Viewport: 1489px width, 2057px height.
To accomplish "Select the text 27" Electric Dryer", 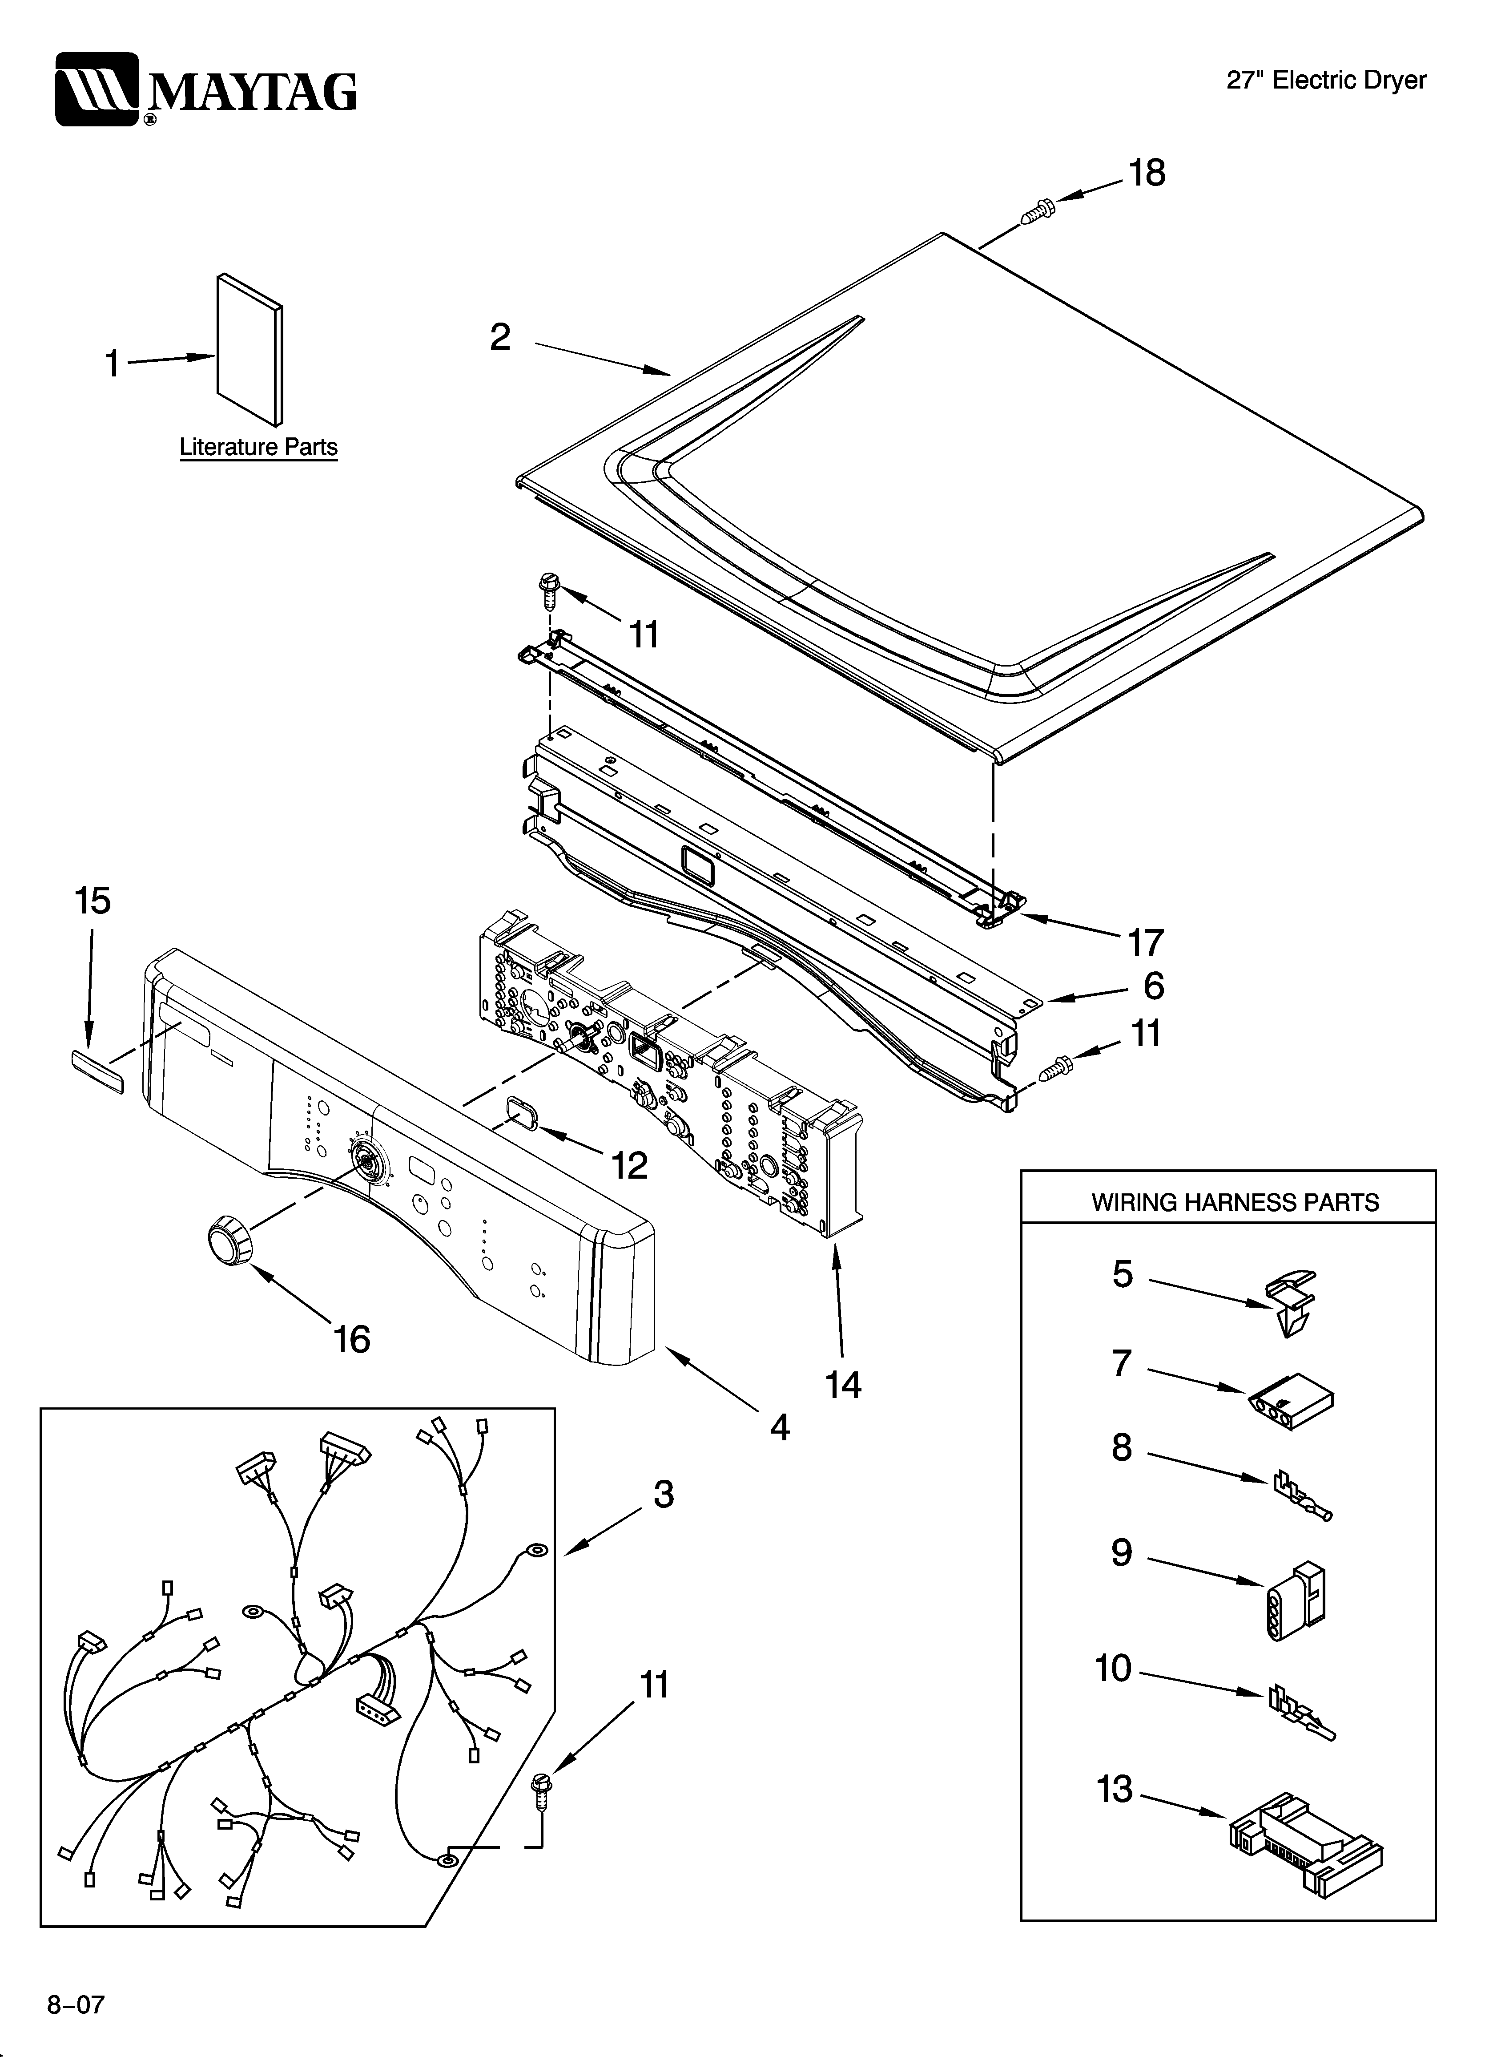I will click(x=1326, y=81).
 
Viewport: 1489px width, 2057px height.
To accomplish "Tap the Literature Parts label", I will click(x=258, y=447).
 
